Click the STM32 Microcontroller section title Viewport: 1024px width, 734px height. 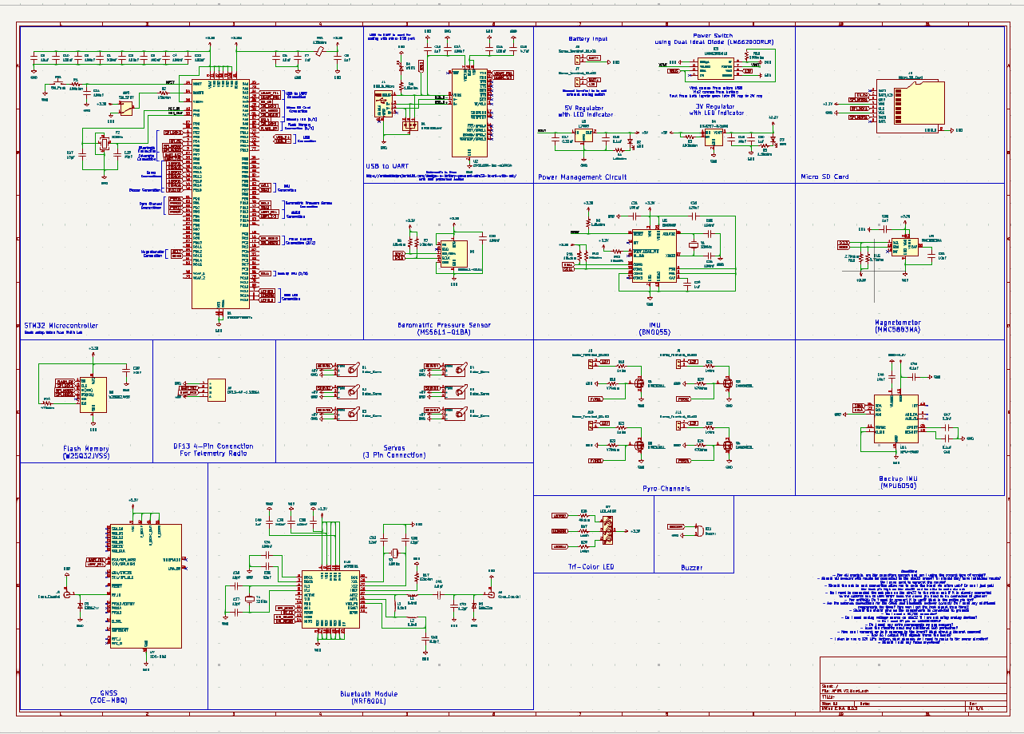(x=61, y=326)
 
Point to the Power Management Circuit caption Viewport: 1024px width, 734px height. (x=582, y=177)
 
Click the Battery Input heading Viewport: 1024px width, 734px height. (x=588, y=38)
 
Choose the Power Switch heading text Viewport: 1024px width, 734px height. (x=712, y=36)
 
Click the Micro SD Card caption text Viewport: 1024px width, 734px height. (x=824, y=177)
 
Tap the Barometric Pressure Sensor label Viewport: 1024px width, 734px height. (x=445, y=325)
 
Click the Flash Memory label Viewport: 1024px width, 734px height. (x=85, y=449)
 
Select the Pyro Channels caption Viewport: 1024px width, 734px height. (x=666, y=488)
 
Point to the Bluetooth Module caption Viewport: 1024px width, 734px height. (x=368, y=694)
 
